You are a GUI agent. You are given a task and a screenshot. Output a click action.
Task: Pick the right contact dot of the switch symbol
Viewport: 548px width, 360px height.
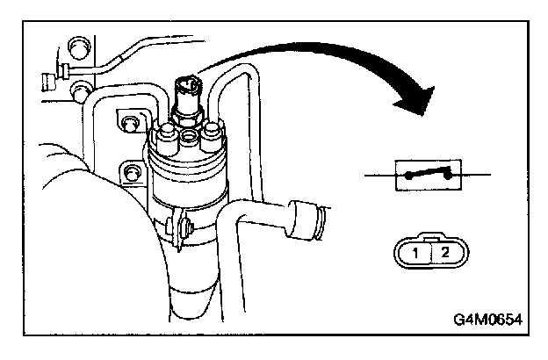pos(449,176)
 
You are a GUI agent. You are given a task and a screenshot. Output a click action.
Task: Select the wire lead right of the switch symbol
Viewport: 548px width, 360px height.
pos(475,176)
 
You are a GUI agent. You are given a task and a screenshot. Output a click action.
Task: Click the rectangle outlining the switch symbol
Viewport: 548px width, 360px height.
pos(429,176)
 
